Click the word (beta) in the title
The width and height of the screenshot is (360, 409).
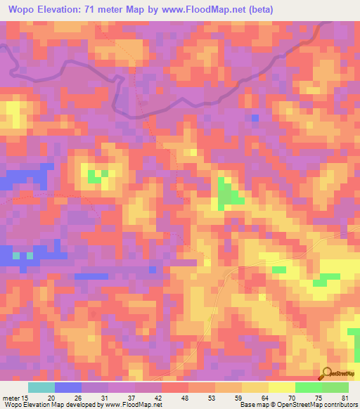257,10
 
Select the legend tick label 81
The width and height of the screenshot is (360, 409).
345,397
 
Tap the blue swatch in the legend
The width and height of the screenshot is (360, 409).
68,387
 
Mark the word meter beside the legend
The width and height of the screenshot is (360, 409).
12,397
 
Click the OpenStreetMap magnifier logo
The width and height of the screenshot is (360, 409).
326,373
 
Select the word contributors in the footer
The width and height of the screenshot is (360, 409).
340,405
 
